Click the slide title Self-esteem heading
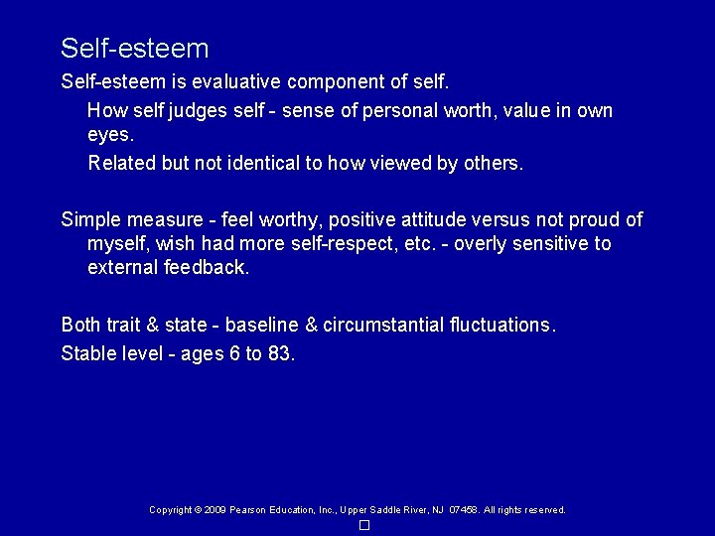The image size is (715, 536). [134, 48]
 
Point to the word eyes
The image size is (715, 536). [109, 134]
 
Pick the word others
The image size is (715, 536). [492, 163]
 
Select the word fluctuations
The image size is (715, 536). [503, 325]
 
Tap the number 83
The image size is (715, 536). [280, 352]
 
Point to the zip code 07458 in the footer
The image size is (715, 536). [464, 510]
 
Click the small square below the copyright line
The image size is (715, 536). [364, 525]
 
